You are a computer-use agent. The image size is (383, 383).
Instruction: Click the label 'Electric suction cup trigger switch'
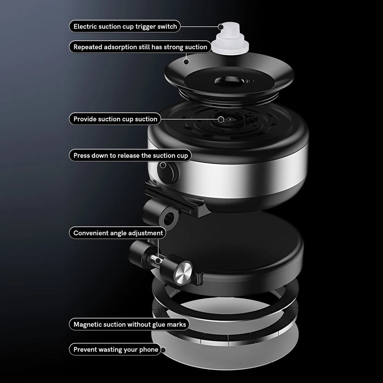[x=125, y=26]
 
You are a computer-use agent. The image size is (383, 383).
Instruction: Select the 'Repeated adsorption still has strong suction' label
[x=140, y=47]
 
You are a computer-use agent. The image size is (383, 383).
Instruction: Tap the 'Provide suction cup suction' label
[x=115, y=119]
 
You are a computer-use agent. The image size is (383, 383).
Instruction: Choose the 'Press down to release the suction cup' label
[x=130, y=155]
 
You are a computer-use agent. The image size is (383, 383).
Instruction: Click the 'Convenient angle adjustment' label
[x=118, y=233]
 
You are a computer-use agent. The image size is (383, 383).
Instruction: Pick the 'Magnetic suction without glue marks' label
[x=129, y=324]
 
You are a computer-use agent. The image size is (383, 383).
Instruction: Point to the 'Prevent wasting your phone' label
[x=115, y=350]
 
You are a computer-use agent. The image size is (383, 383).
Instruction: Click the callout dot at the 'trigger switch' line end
[x=220, y=27]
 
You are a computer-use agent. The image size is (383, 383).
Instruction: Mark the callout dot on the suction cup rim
[x=186, y=62]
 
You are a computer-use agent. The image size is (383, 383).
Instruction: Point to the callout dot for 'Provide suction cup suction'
[x=221, y=119]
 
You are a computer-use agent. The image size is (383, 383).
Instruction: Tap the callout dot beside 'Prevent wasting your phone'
[x=163, y=350]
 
